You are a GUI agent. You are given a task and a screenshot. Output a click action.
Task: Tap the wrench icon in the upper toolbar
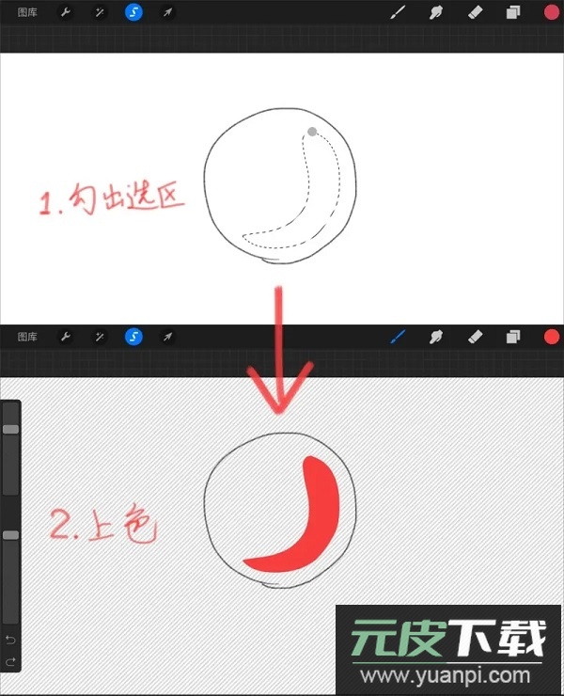pyautogui.click(x=66, y=12)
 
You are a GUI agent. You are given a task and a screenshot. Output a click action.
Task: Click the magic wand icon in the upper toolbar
pyautogui.click(x=100, y=12)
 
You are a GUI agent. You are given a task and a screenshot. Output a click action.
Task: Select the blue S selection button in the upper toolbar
pyautogui.click(x=133, y=12)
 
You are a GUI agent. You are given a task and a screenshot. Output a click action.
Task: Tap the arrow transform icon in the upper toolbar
pyautogui.click(x=167, y=12)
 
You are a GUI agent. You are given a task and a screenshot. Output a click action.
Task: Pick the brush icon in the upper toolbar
pyautogui.click(x=398, y=12)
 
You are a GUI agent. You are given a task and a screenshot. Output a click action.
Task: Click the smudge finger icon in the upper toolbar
pyautogui.click(x=436, y=12)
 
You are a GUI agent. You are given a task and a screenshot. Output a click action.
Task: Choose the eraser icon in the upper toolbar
pyautogui.click(x=475, y=12)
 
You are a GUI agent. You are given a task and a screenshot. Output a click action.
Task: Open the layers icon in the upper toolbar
pyautogui.click(x=513, y=12)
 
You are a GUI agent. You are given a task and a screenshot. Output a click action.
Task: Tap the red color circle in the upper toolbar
pyautogui.click(x=552, y=12)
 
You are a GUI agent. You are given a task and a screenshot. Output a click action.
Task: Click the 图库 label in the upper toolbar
pyautogui.click(x=27, y=12)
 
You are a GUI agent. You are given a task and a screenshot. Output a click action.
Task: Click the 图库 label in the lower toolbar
pyautogui.click(x=27, y=337)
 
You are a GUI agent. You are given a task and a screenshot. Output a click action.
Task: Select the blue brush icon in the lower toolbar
pyautogui.click(x=398, y=337)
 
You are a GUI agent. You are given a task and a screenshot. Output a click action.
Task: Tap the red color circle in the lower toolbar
pyautogui.click(x=552, y=337)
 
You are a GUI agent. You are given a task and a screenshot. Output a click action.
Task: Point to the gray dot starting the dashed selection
pyautogui.click(x=312, y=132)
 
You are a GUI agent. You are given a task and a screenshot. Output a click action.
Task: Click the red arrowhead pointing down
pyautogui.click(x=279, y=390)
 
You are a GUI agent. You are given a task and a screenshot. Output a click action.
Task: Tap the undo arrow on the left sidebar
pyautogui.click(x=10, y=640)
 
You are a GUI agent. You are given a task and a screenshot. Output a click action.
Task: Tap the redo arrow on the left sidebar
pyautogui.click(x=10, y=662)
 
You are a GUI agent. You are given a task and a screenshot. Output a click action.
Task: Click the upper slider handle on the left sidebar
pyautogui.click(x=10, y=429)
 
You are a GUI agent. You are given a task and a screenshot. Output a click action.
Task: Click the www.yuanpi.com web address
pyautogui.click(x=445, y=675)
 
